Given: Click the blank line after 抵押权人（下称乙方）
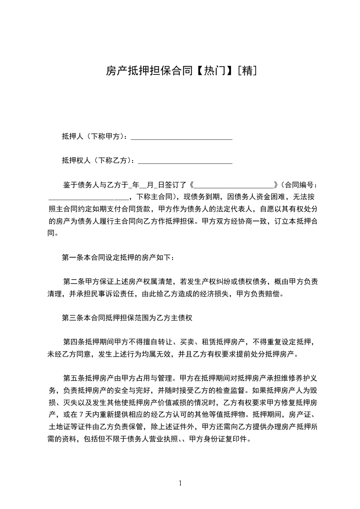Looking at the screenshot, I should click(x=185, y=161).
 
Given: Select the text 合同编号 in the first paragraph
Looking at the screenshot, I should click(x=298, y=185).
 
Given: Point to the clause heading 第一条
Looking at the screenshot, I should click(x=72, y=258).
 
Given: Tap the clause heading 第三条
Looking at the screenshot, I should click(x=72, y=318).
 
